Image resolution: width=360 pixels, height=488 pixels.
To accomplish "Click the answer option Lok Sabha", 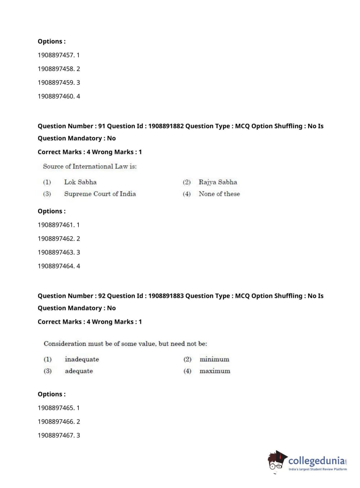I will pos(80,182).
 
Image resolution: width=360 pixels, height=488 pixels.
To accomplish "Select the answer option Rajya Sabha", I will pos(218,182).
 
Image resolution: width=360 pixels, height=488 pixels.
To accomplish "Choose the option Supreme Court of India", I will pos(100,194).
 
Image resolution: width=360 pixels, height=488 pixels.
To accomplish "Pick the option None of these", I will pos(219,194).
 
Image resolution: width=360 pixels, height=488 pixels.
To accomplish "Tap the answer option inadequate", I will pos(82,359).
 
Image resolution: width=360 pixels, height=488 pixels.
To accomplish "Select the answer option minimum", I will pos(214,359).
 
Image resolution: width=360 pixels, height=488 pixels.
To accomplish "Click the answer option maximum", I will pos(215,371).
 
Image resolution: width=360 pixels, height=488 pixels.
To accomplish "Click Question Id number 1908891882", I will pos(166,126).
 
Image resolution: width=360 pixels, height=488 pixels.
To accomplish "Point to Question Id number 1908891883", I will pos(166,296).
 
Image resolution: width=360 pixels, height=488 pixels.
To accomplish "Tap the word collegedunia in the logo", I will pos(316,461).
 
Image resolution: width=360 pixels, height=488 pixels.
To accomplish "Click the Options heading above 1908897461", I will pos(52,211).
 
